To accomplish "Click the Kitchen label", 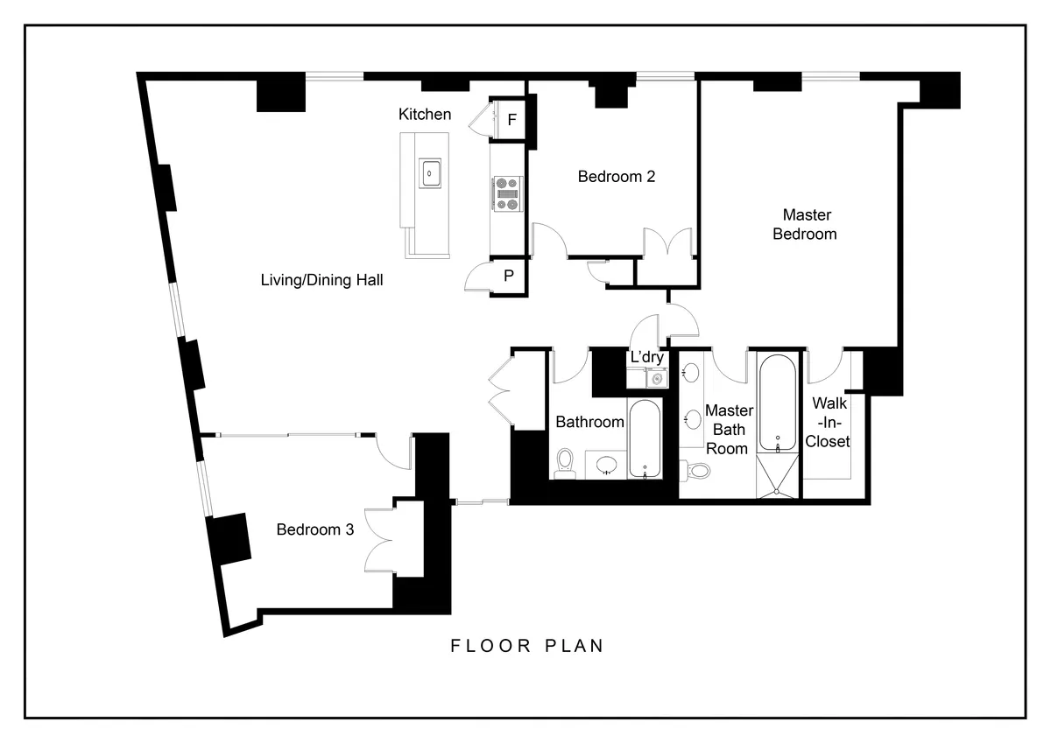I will (x=425, y=115).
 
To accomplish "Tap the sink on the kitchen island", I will (x=430, y=173).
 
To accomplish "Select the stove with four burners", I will (x=506, y=193).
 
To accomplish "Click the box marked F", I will (x=512, y=121).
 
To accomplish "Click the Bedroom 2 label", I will (x=617, y=177).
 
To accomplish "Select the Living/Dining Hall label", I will (x=322, y=281).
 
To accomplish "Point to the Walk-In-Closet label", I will (x=828, y=423).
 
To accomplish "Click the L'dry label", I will (x=646, y=358).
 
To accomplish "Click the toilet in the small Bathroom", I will (x=565, y=461).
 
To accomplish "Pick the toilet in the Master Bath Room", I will (x=698, y=471).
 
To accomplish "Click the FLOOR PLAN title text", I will (x=527, y=647).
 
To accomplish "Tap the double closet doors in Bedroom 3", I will (x=383, y=540).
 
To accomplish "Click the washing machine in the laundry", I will (x=655, y=379).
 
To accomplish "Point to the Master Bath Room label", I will (x=729, y=429).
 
